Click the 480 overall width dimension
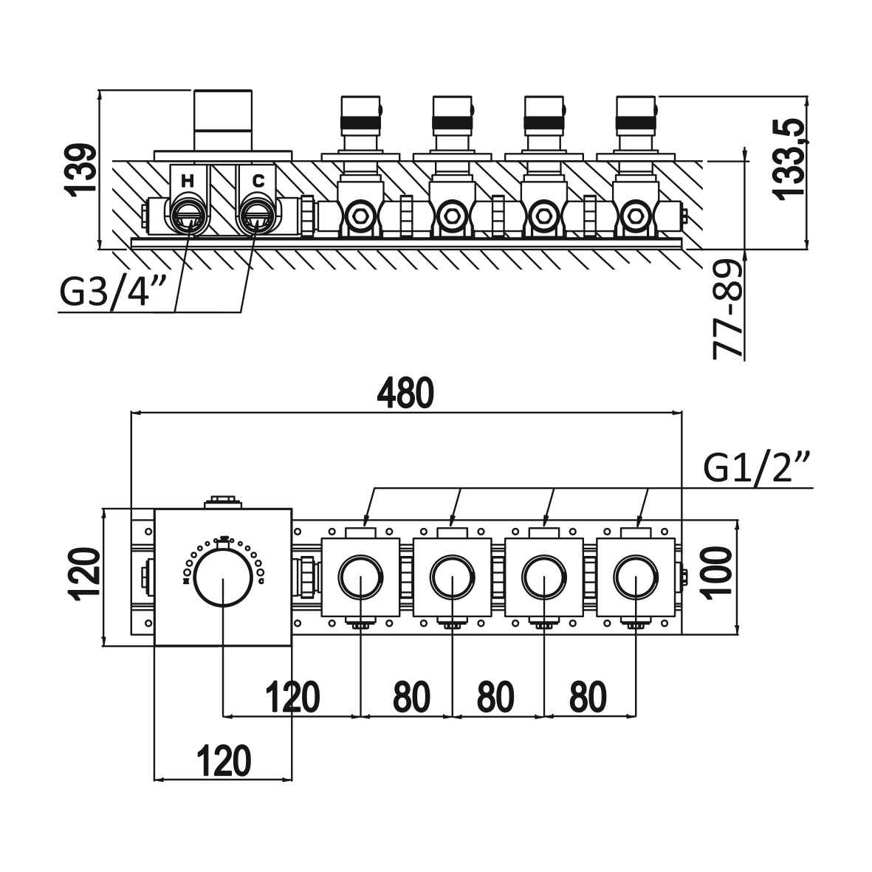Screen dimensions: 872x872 coord(405,395)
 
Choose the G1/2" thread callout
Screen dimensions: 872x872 coord(758,468)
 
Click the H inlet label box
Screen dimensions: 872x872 coord(188,180)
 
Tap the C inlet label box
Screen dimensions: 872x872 coord(258,180)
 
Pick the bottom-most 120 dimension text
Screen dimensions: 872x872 coord(224,760)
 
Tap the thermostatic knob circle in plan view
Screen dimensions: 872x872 coord(222,576)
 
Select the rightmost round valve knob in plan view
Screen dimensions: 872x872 coord(636,574)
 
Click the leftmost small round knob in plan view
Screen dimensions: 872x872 coord(360,574)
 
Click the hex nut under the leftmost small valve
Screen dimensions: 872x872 coord(360,216)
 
